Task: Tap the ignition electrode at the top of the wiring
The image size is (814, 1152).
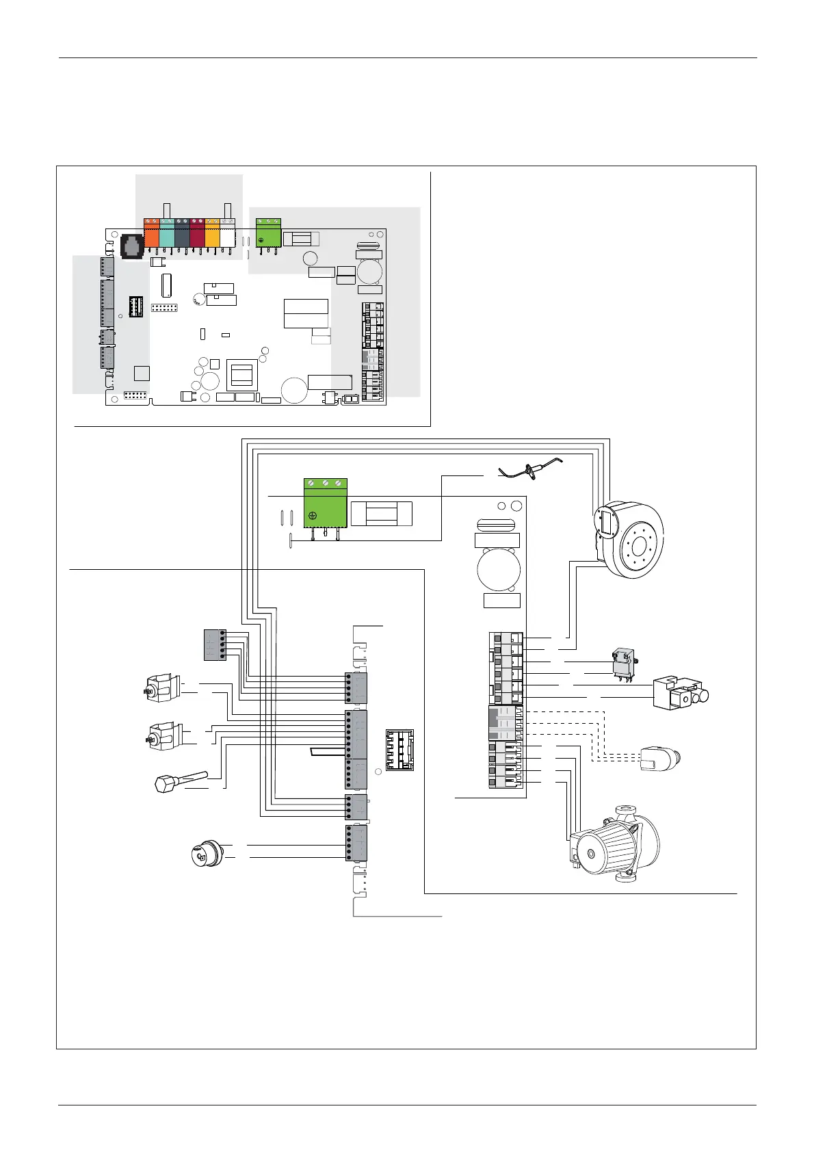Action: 530,469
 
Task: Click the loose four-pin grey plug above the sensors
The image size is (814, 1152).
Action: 214,644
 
